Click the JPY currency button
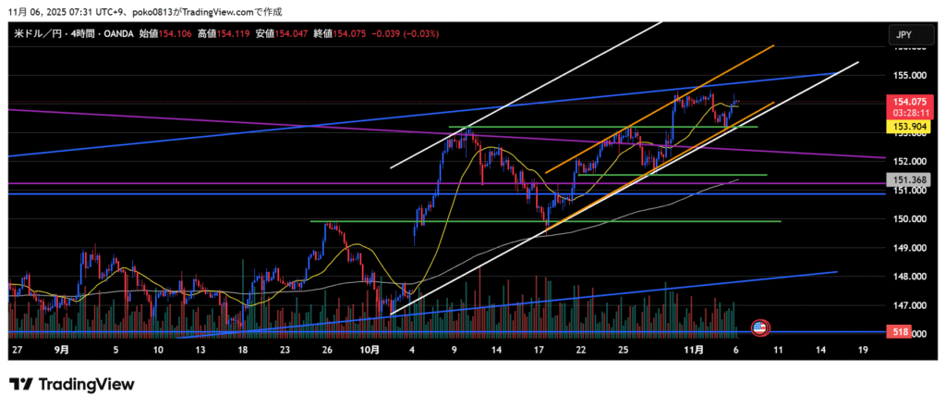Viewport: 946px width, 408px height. coord(904,35)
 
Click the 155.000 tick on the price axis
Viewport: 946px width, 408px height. coord(911,75)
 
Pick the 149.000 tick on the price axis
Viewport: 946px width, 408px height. coord(911,248)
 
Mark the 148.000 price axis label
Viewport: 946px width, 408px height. coord(911,277)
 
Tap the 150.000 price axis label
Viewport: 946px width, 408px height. coord(911,219)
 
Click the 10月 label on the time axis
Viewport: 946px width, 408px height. coord(370,352)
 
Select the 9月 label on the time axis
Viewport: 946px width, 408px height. coord(62,352)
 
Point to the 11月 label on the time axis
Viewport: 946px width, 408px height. coord(695,352)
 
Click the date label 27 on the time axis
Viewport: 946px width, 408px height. coord(18,352)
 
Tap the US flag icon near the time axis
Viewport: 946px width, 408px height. coord(759,328)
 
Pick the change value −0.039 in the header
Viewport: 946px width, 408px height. coord(386,33)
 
